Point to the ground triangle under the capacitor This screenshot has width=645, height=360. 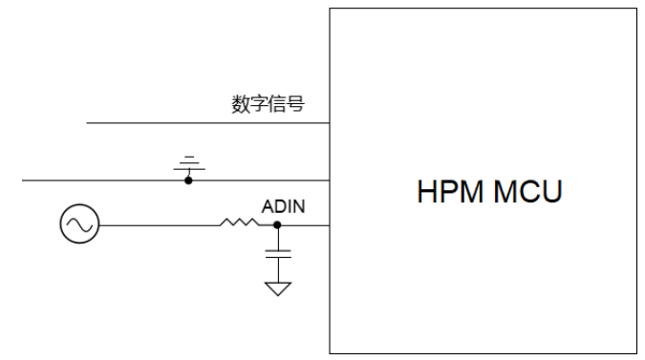click(x=278, y=287)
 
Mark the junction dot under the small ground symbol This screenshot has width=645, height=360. click(x=188, y=180)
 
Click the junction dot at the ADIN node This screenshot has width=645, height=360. click(x=278, y=225)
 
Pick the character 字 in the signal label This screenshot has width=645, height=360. click(x=260, y=103)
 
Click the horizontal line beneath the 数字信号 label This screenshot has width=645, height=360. click(x=191, y=123)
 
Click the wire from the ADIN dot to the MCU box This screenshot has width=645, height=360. click(x=304, y=225)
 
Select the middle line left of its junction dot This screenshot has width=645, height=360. click(x=96, y=180)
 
